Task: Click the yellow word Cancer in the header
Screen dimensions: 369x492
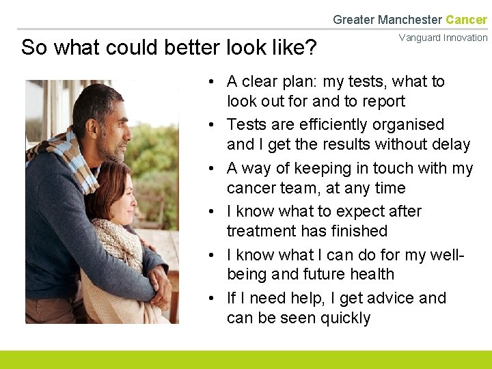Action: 466,20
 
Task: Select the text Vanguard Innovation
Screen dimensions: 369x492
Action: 443,38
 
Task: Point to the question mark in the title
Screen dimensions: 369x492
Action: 312,47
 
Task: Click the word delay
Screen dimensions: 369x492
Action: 451,145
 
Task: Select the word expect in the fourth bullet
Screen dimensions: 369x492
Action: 360,212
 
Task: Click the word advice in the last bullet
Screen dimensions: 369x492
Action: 389,299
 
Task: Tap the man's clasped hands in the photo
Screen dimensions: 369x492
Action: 159,285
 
